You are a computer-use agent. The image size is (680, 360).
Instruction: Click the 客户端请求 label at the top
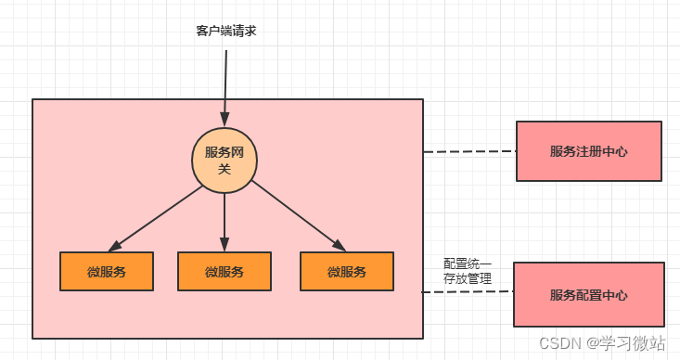pyautogui.click(x=225, y=32)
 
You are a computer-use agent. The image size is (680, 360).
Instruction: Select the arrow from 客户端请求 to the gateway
pyautogui.click(x=225, y=84)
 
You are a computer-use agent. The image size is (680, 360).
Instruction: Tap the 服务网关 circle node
pyautogui.click(x=225, y=160)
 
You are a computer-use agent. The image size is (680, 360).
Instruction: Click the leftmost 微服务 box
pyautogui.click(x=107, y=271)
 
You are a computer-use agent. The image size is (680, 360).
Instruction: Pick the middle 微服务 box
pyautogui.click(x=225, y=271)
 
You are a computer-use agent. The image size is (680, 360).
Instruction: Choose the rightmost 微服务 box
pyautogui.click(x=346, y=271)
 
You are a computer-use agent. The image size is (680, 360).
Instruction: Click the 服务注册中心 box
pyautogui.click(x=588, y=151)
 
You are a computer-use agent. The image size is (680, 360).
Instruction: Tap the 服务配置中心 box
pyautogui.click(x=588, y=294)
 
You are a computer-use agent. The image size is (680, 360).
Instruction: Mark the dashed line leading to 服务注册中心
pyautogui.click(x=468, y=151)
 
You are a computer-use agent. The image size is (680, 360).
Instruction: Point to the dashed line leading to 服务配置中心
pyautogui.click(x=468, y=292)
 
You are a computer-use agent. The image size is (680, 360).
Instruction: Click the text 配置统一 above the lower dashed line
pyautogui.click(x=468, y=264)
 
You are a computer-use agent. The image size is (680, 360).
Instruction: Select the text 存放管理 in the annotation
pyautogui.click(x=468, y=278)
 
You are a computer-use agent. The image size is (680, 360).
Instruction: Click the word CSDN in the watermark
pyautogui.click(x=559, y=342)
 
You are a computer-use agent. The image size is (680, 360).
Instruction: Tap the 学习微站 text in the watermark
pyautogui.click(x=634, y=342)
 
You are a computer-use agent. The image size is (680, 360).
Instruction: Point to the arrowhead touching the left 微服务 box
pyautogui.click(x=114, y=246)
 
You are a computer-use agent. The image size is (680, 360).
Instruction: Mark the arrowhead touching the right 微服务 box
pyautogui.click(x=339, y=246)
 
